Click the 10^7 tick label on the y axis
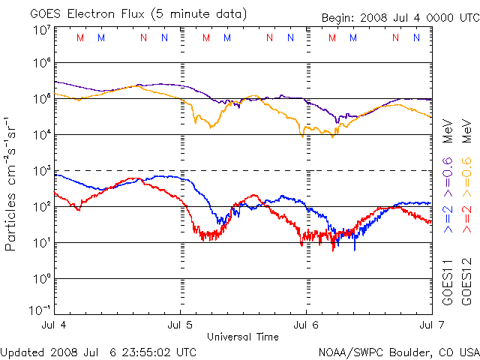tap(41, 31)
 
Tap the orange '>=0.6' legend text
tap(466, 162)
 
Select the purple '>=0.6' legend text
tap(448, 162)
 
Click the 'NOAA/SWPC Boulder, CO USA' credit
tap(398, 351)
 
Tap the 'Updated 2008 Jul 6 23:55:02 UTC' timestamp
tap(99, 351)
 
